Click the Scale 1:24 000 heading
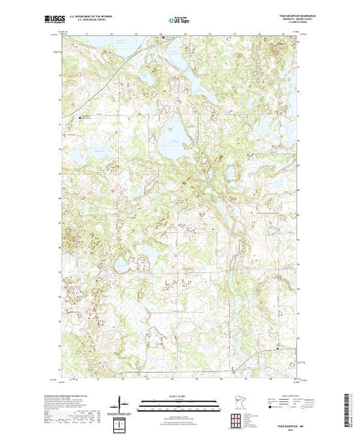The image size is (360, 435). click(x=179, y=396)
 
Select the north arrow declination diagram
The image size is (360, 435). click(x=122, y=403)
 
